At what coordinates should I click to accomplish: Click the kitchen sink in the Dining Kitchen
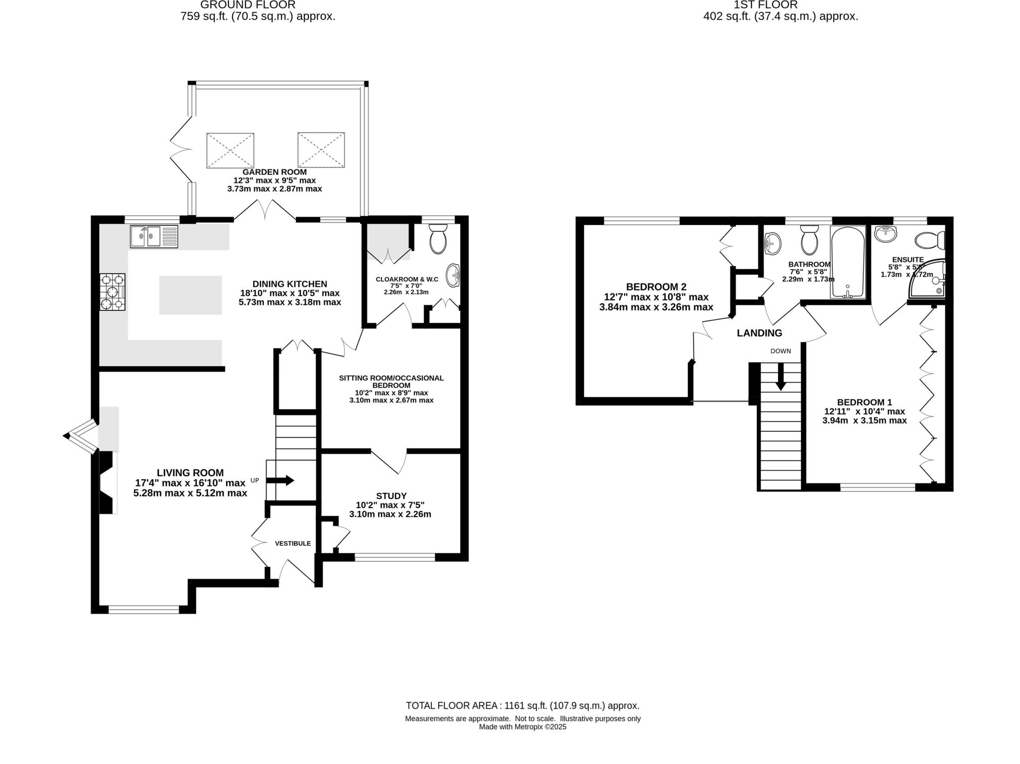(153, 237)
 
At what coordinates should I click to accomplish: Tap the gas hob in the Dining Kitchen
(113, 292)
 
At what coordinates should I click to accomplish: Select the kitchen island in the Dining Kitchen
(190, 295)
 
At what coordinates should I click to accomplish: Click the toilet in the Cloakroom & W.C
(438, 239)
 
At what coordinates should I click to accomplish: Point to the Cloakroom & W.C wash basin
(453, 275)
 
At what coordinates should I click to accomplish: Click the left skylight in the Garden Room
(230, 150)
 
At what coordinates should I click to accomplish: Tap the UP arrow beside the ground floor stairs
(280, 481)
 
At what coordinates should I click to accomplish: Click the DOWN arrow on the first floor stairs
(780, 377)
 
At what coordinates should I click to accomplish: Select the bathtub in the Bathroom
(848, 262)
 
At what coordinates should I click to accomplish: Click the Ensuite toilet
(929, 241)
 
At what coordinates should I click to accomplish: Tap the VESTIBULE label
(293, 543)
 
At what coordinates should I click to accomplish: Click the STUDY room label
(391, 496)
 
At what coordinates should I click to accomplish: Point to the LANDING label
(759, 333)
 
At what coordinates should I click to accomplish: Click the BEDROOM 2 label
(656, 287)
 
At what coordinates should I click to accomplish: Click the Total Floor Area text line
(522, 706)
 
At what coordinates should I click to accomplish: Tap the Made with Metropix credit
(522, 727)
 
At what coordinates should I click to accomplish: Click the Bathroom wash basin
(772, 244)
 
